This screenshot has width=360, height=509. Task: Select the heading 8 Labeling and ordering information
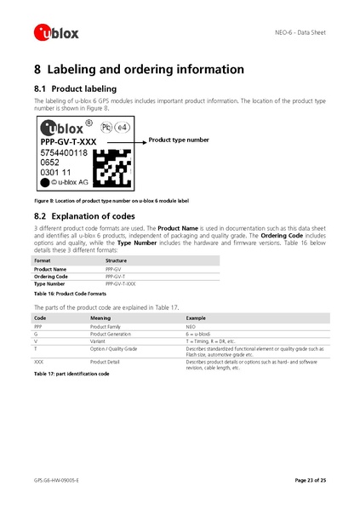139,70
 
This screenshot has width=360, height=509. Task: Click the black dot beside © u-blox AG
45,181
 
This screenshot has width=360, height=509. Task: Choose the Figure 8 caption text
111,199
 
